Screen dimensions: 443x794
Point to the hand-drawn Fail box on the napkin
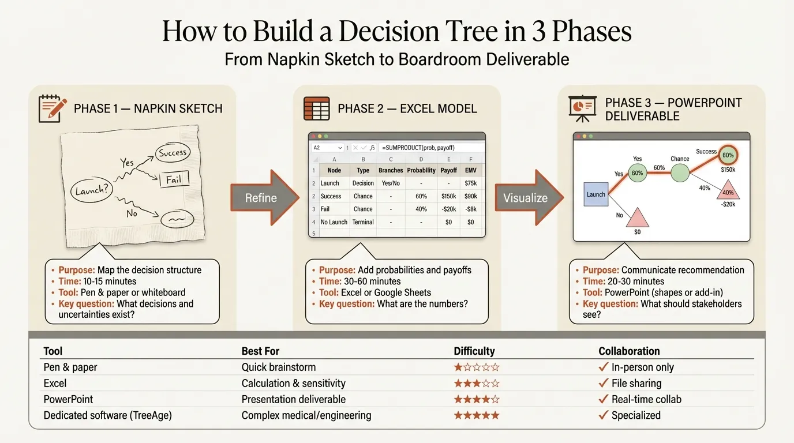[174, 179]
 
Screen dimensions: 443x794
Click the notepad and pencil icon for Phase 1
[50, 108]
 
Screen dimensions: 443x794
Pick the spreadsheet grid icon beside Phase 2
[316, 108]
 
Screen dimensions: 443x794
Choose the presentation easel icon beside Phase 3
[582, 108]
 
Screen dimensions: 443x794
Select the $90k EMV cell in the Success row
[470, 196]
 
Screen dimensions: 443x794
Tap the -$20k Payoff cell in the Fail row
[448, 209]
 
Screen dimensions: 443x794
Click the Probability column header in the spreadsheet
[421, 170]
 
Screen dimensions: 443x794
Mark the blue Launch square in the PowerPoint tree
[595, 194]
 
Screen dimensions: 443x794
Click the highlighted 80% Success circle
[728, 155]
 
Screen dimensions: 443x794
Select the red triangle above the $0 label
[637, 217]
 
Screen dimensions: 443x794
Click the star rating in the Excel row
[476, 383]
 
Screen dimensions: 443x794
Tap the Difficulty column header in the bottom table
[474, 351]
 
